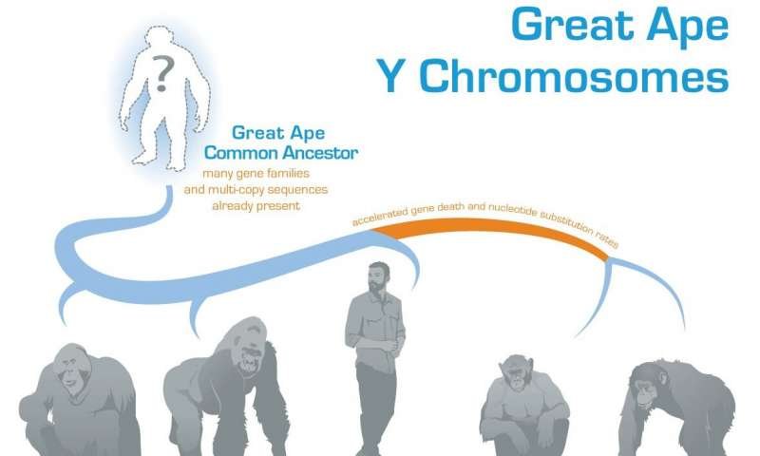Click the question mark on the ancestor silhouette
pos(162,73)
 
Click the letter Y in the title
pos(391,77)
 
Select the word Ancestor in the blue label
pos(320,153)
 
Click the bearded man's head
pos(378,276)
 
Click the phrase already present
pos(256,206)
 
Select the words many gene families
pos(256,174)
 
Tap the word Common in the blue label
pos(241,153)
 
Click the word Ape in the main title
pos(688,27)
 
